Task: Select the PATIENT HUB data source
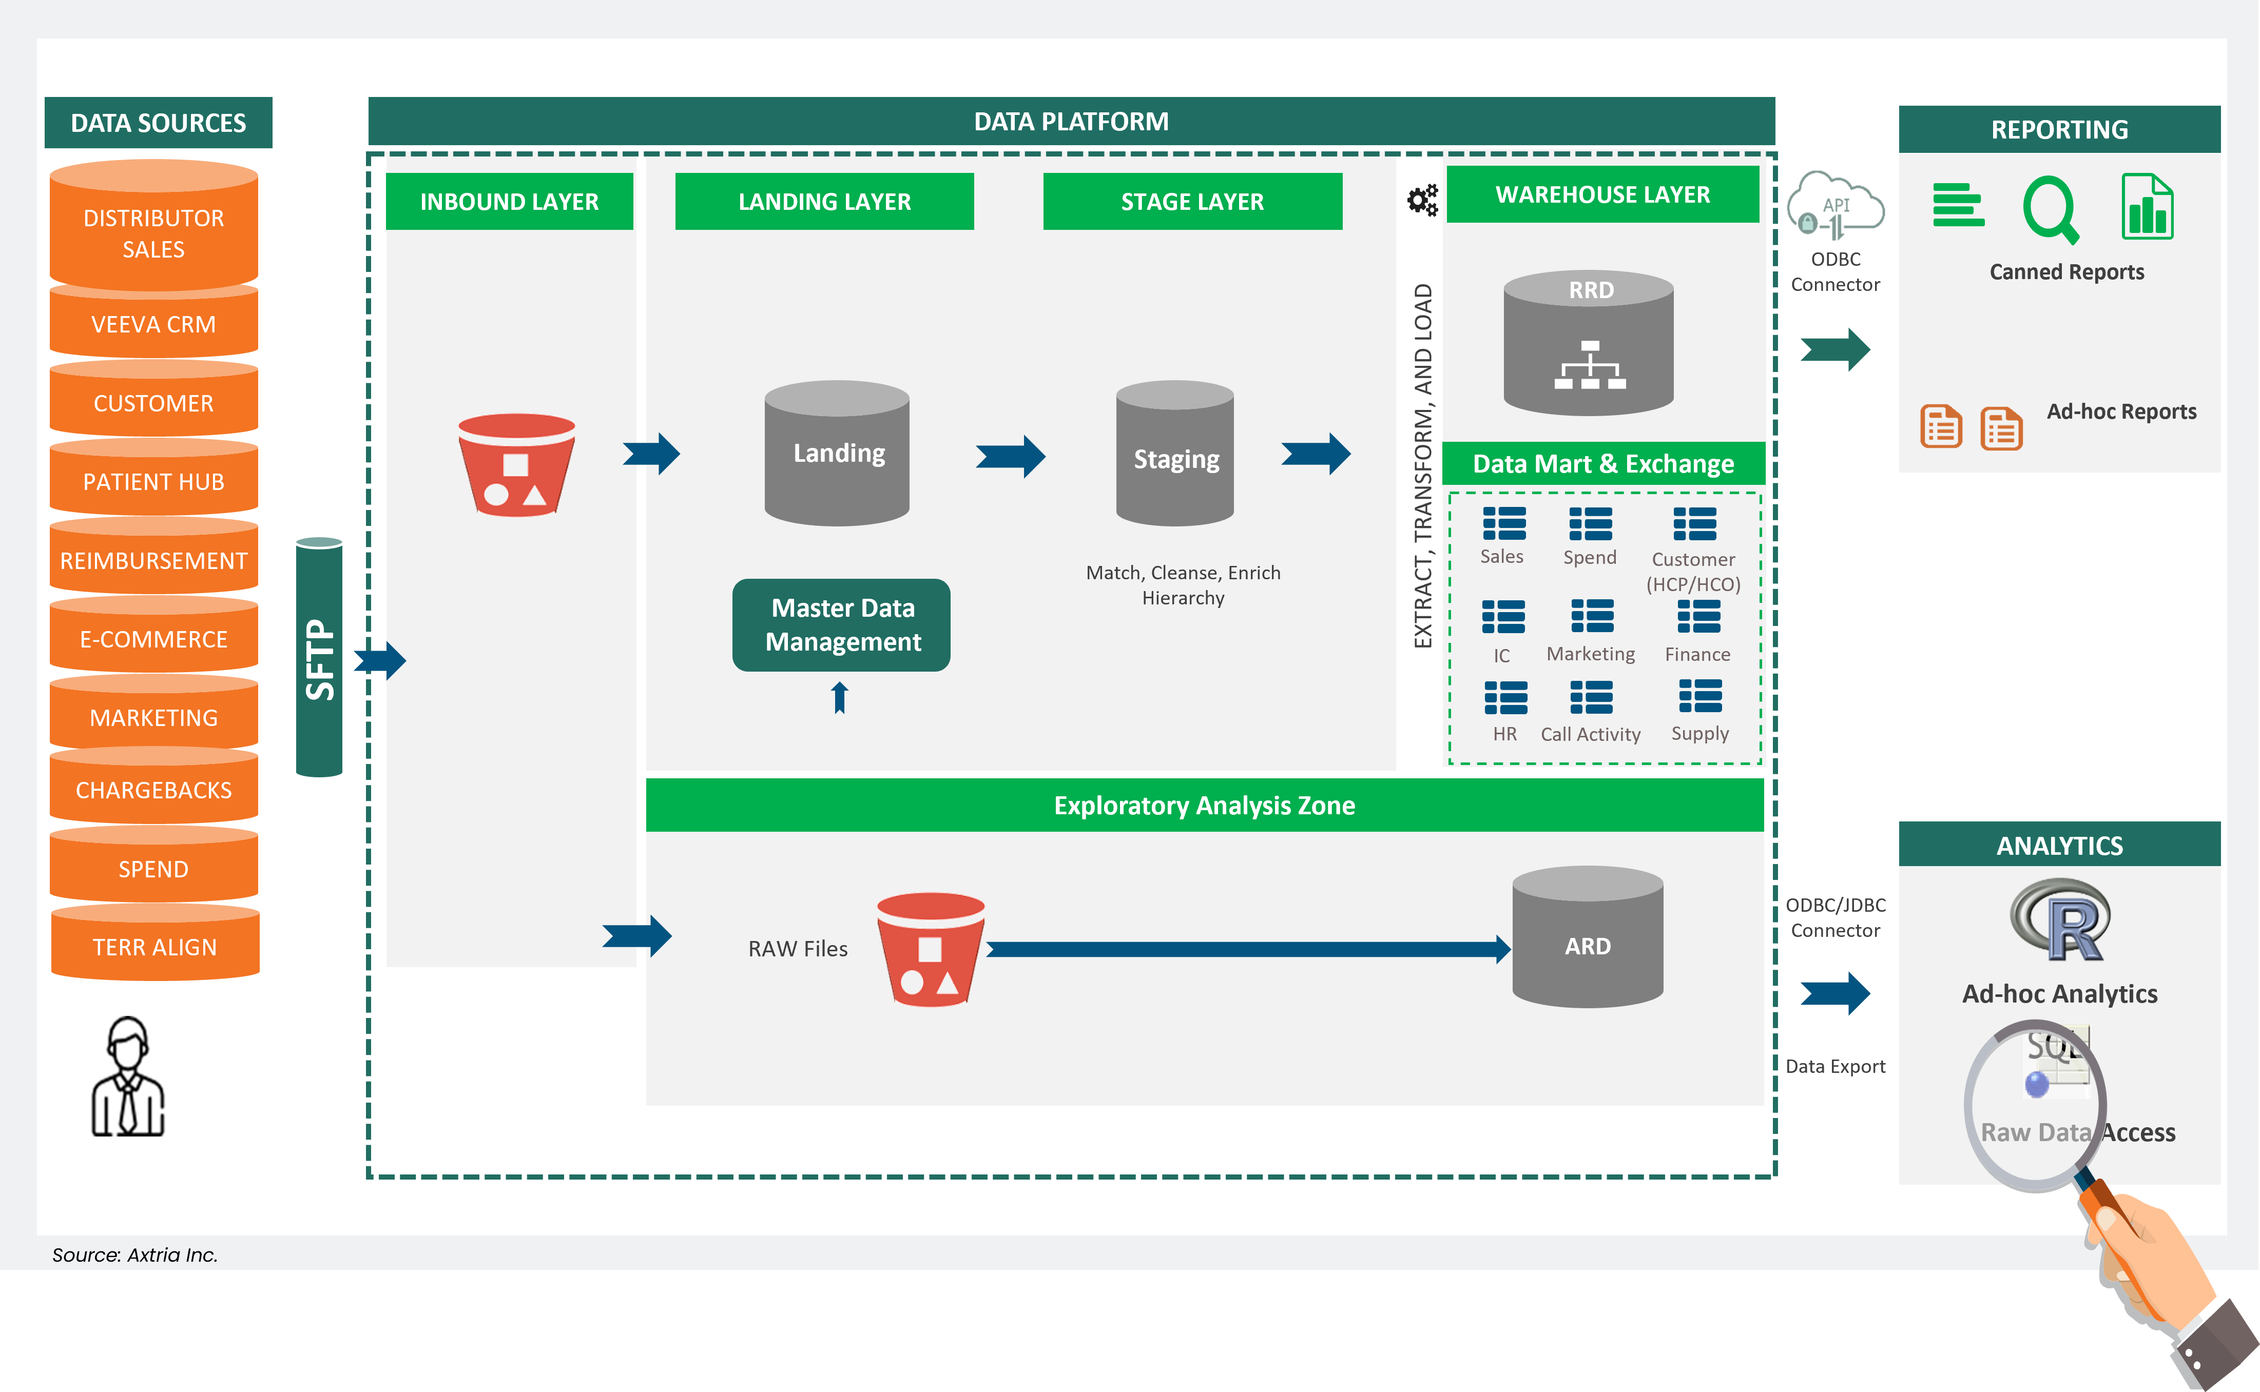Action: coord(154,481)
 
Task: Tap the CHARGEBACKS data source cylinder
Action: coord(154,789)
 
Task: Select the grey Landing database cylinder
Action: coord(837,453)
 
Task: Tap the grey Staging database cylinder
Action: coord(1174,454)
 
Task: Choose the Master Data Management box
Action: coord(842,625)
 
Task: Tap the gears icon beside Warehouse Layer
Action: coord(1422,200)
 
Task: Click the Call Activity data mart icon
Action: coord(1591,698)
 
